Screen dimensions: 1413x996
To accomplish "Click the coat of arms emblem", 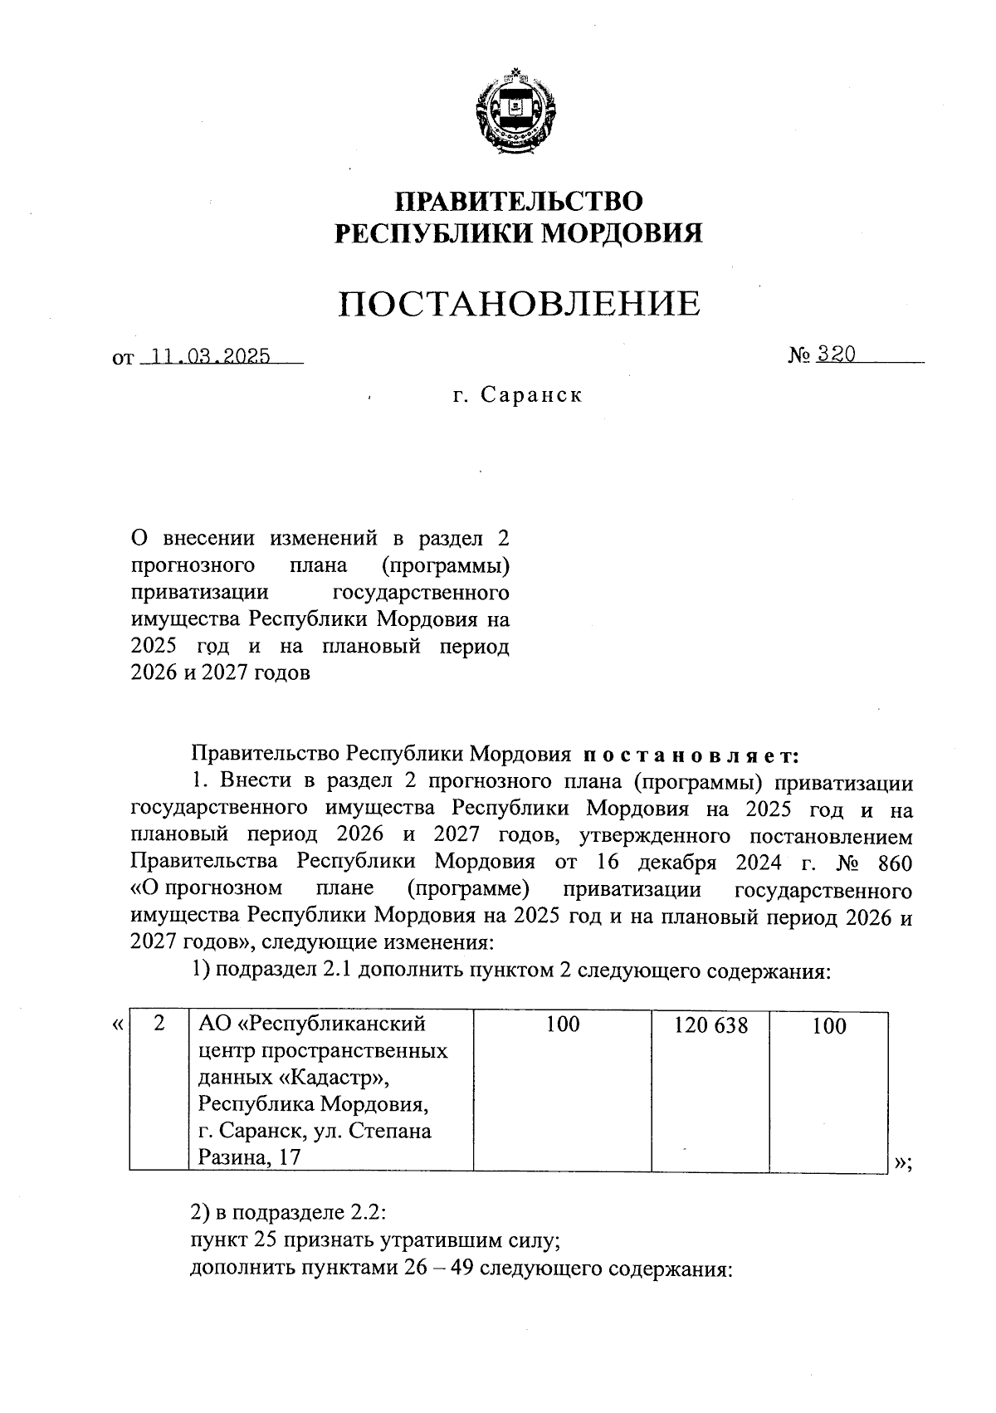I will point(515,115).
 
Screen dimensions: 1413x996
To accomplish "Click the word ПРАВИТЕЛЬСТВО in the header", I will point(519,202).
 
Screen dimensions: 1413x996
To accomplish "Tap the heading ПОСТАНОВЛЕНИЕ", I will point(519,304).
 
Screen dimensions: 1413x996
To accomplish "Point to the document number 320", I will point(835,354).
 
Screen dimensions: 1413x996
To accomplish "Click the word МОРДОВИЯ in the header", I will point(621,233).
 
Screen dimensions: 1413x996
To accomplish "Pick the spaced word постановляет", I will point(691,755).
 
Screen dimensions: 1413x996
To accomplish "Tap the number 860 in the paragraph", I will point(894,863).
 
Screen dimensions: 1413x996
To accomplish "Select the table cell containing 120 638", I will point(710,1026).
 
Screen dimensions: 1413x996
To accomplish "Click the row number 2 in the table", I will point(159,1024).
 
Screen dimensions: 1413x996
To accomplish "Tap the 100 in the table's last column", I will point(828,1027).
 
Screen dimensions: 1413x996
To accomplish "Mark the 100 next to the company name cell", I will point(563,1025).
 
